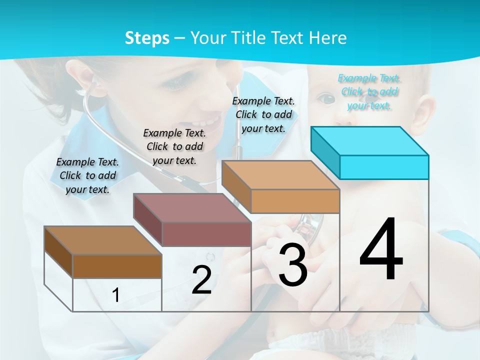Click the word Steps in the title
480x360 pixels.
point(147,38)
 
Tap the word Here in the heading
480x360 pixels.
point(328,38)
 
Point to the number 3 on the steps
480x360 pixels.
point(293,265)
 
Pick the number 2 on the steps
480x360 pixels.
point(201,280)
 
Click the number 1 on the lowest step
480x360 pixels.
point(116,295)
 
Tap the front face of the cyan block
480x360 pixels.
point(384,167)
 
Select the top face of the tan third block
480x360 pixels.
point(280,175)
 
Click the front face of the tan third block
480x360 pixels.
point(295,201)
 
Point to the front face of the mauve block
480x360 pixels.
point(206,234)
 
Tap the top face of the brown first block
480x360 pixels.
point(102,240)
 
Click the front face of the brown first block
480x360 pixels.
point(117,266)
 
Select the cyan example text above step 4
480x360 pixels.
point(369,92)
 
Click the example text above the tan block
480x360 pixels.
point(263,115)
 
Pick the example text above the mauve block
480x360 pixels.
point(174,146)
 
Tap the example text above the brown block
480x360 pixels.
point(87,175)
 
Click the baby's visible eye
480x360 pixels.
point(326,98)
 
